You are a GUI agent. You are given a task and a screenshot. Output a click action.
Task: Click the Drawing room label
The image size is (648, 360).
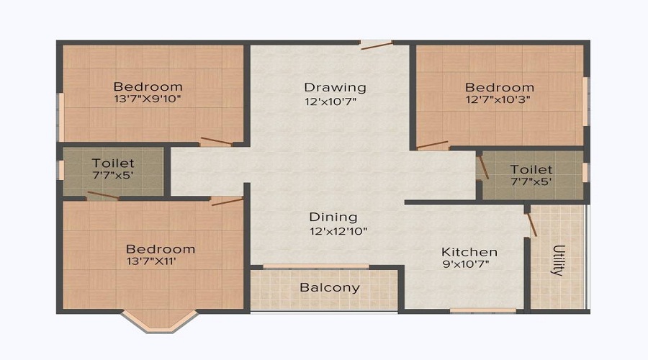(335, 87)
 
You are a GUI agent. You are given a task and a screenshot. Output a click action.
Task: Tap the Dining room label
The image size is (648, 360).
(333, 217)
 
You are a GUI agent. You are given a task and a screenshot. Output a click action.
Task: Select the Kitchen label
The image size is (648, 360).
(469, 252)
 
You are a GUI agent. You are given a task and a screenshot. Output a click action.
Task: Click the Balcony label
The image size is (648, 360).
(330, 288)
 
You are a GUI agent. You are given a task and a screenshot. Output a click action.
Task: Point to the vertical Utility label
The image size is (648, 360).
(558, 261)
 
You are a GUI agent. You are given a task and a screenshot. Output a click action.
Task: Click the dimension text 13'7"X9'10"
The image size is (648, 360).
(147, 99)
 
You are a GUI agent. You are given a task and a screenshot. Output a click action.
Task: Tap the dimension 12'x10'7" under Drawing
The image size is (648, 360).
(330, 101)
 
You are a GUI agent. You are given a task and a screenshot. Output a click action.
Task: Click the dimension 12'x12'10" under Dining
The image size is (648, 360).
(339, 231)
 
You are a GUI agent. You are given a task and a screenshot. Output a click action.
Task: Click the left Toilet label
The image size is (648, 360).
(113, 163)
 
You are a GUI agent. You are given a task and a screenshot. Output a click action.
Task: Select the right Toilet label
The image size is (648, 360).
(531, 169)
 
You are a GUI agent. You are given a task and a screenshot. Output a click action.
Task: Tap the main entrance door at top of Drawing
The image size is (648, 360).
(376, 45)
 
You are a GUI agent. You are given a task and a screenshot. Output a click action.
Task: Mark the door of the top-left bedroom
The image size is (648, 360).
(216, 141)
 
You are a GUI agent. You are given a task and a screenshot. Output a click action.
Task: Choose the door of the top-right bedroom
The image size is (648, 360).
(432, 145)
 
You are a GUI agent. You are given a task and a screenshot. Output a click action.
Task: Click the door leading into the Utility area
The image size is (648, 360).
(531, 222)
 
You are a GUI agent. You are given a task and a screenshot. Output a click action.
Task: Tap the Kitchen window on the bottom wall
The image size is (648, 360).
(482, 310)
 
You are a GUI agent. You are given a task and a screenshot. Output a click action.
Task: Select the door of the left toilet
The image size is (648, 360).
(103, 195)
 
